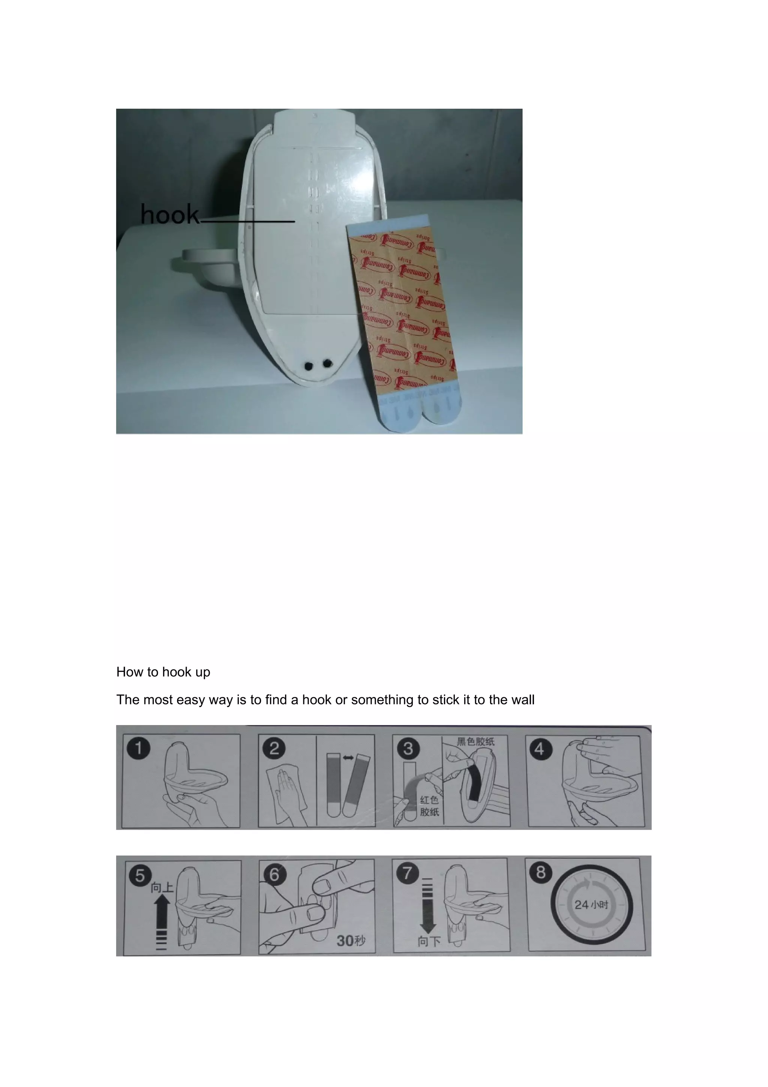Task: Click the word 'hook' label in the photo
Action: pyautogui.click(x=170, y=215)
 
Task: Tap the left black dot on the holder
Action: pyautogui.click(x=309, y=366)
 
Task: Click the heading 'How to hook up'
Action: pyautogui.click(x=163, y=672)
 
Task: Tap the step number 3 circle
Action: pyautogui.click(x=408, y=749)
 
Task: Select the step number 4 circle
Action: pyautogui.click(x=540, y=749)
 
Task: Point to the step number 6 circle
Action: pyautogui.click(x=274, y=874)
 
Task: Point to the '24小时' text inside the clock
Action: pyautogui.click(x=591, y=905)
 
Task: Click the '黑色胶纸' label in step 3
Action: pyautogui.click(x=475, y=742)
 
